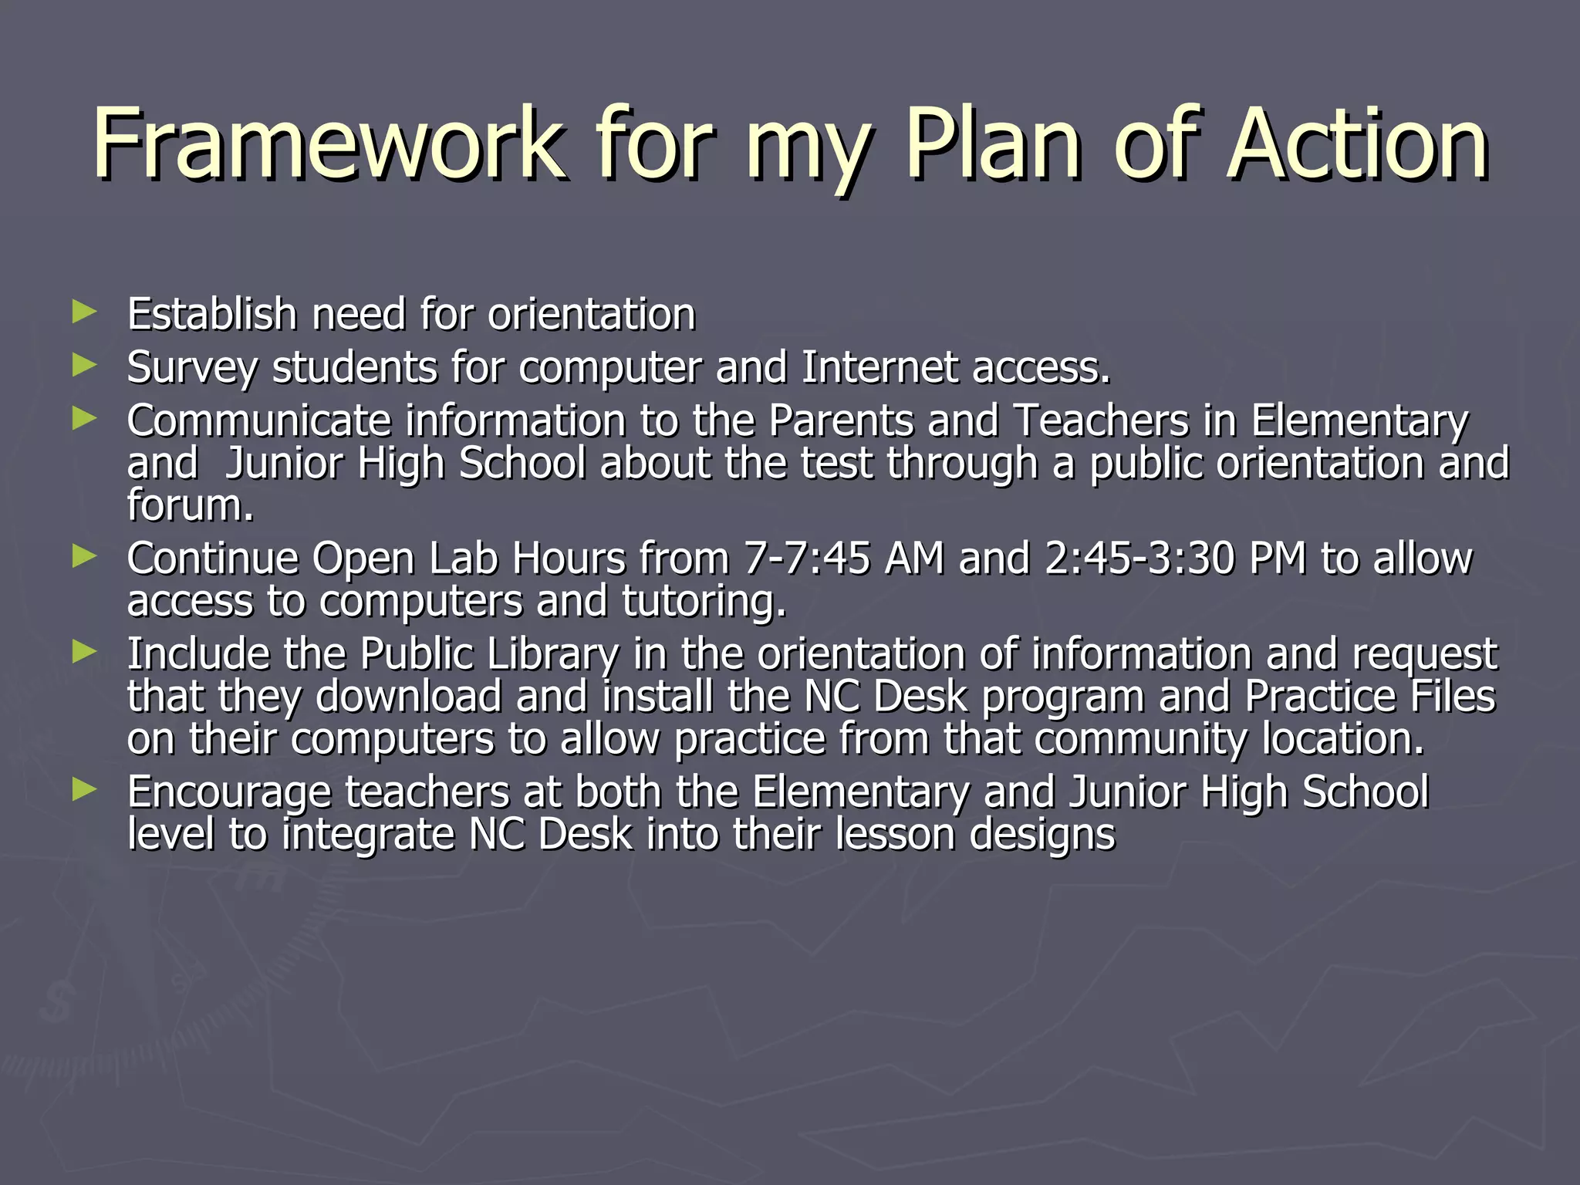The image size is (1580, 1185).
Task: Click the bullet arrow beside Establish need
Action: [x=84, y=312]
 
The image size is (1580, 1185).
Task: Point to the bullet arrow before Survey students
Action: [x=84, y=366]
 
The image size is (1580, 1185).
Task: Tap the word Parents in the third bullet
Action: [x=840, y=421]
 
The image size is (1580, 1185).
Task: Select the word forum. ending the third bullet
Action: [x=190, y=506]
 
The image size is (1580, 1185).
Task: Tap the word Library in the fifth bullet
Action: [x=552, y=654]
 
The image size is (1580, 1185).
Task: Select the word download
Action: [x=408, y=697]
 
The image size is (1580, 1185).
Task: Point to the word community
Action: [x=1140, y=739]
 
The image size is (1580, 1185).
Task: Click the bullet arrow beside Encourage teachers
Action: [x=84, y=789]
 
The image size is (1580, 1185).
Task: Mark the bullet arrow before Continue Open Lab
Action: [x=84, y=556]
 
